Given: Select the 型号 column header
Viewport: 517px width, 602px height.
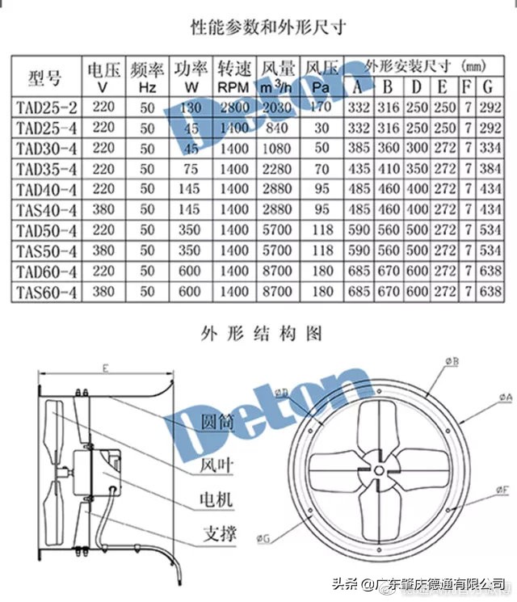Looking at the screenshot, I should (x=44, y=78).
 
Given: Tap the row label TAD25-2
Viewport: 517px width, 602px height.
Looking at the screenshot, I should (x=46, y=107).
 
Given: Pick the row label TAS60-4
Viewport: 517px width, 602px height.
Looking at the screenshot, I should (x=46, y=292).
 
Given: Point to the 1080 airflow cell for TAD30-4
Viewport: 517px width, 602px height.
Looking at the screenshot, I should (x=277, y=148).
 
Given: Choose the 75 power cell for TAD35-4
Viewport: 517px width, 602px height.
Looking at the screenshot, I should (x=191, y=169).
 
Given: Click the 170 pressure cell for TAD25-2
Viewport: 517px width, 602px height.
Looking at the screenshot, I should (x=322, y=107).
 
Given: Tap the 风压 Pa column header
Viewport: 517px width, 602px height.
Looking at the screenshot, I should (x=322, y=77).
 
